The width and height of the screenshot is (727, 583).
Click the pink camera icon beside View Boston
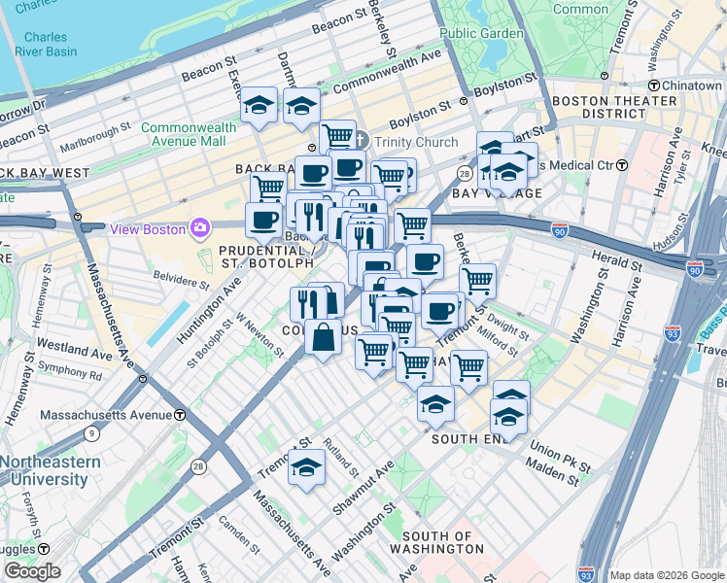pyautogui.click(x=201, y=228)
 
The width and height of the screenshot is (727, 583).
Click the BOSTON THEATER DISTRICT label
pyautogui.click(x=614, y=107)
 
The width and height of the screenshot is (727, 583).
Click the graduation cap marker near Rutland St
pyautogui.click(x=306, y=466)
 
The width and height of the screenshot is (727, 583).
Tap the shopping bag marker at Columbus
pyautogui.click(x=323, y=338)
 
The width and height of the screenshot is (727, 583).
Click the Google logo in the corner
pyautogui.click(x=31, y=571)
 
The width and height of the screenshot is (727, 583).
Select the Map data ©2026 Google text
pyautogui.click(x=666, y=575)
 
